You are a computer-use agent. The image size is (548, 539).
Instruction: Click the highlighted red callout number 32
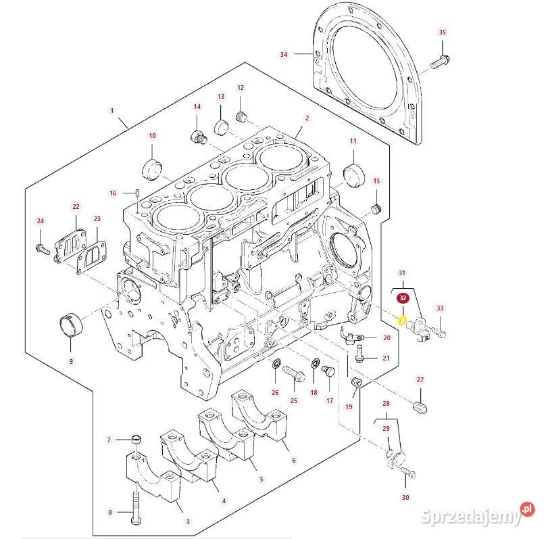[x=403, y=298]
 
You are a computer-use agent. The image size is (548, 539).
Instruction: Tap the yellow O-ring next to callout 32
[x=402, y=319]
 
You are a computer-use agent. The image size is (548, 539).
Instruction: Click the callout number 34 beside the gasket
[x=284, y=53]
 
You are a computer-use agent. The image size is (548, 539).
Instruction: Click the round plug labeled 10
[x=153, y=166]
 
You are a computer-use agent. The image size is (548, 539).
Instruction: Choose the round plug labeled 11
[x=353, y=173]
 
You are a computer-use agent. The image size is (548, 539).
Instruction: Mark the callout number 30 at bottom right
[x=405, y=498]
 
